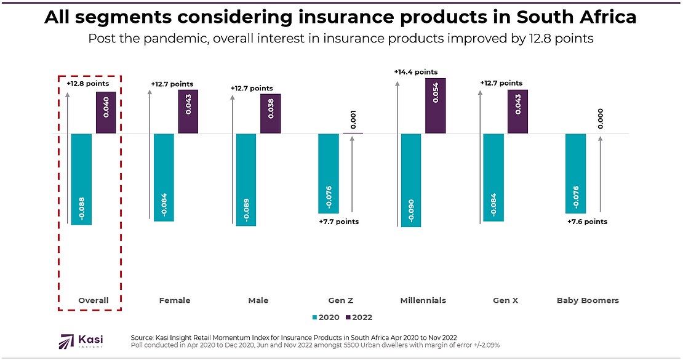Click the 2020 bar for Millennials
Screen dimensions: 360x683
click(410, 180)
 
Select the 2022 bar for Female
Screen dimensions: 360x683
click(188, 111)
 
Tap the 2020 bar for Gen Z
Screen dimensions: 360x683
click(328, 173)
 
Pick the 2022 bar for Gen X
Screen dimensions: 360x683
click(517, 111)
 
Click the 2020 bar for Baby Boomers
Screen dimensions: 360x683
click(575, 173)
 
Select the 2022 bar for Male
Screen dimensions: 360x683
click(270, 114)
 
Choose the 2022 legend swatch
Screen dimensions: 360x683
click(347, 318)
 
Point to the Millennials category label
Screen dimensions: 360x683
click(423, 300)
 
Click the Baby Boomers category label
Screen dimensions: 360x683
click(588, 300)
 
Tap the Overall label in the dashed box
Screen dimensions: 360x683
click(94, 300)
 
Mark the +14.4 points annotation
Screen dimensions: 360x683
click(416, 72)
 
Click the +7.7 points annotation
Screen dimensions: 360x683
click(339, 222)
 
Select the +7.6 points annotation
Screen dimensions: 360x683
click(587, 222)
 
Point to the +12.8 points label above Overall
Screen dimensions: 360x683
click(88, 82)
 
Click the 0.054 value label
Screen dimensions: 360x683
click(436, 92)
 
